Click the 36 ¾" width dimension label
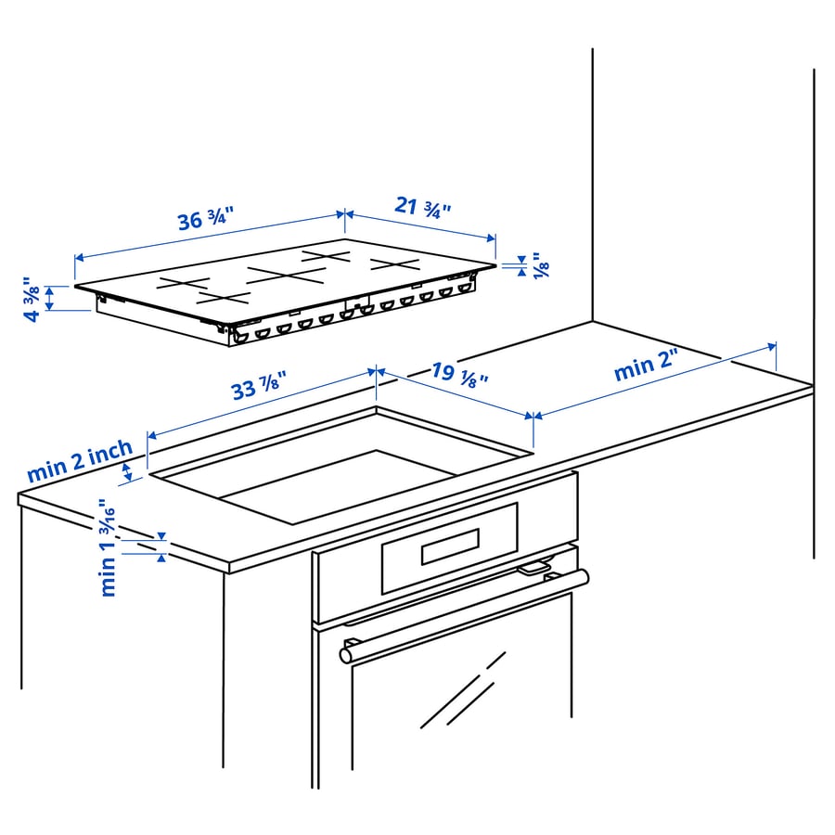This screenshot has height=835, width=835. pos(205,221)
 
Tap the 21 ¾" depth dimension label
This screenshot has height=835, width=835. pos(422,206)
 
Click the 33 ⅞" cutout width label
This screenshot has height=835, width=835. pos(258,385)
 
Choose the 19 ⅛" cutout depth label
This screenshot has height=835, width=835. pos(459,374)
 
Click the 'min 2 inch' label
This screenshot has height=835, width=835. pos(80,461)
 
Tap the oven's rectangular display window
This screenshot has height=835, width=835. pos(450,546)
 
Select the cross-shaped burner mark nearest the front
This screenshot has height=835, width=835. pos(223,298)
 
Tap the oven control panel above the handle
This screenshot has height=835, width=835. pos(445,547)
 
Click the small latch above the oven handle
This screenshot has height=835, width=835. pos(533,568)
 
